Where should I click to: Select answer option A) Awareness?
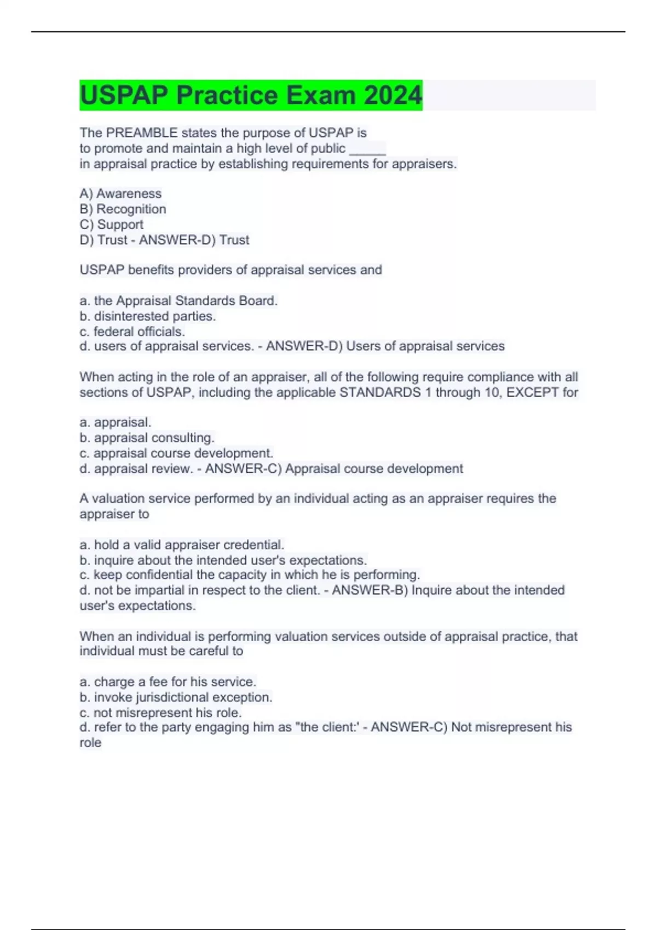(120, 194)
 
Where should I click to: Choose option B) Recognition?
(123, 209)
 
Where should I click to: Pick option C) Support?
(111, 224)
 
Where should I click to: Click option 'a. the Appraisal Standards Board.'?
(178, 301)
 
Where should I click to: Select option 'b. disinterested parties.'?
(148, 316)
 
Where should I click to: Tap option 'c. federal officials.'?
(132, 332)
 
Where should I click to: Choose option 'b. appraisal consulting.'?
(147, 438)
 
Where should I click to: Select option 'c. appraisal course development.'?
(176, 453)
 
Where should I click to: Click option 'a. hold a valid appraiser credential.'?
(182, 545)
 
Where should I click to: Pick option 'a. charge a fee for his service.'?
(168, 682)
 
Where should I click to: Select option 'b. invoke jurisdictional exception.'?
(176, 697)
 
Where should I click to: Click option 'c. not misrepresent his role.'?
(160, 712)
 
